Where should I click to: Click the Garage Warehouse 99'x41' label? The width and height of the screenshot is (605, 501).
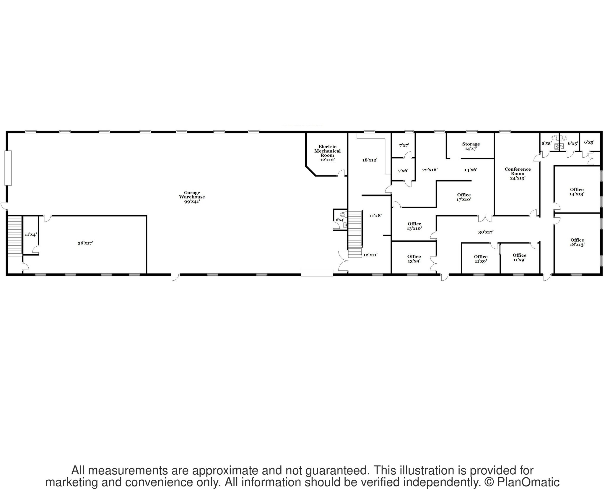(192, 197)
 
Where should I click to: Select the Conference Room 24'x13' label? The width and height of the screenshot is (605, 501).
(518, 174)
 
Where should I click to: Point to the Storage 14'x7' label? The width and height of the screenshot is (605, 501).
(471, 146)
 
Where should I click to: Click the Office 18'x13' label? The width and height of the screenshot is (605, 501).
(577, 242)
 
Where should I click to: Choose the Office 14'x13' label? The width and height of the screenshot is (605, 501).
(577, 192)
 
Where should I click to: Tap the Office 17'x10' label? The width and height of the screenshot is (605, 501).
(464, 197)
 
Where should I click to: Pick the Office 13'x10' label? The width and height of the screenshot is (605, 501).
(414, 226)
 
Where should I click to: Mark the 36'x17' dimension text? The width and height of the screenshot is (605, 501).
(85, 243)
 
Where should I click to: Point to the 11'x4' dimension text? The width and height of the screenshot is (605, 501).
(30, 235)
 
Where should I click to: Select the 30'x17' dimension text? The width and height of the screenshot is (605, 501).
(486, 232)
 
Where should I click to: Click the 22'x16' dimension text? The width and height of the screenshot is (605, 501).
(430, 170)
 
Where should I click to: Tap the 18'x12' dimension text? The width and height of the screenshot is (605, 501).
(370, 160)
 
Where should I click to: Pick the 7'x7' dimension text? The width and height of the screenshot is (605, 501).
(404, 145)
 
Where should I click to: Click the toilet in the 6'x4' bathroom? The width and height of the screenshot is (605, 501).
(343, 214)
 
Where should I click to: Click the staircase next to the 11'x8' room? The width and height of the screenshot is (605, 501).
(355, 234)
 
